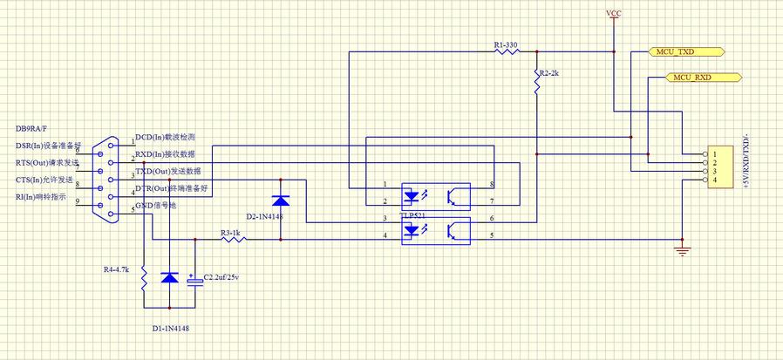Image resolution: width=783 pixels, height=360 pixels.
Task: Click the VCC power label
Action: coord(614,14)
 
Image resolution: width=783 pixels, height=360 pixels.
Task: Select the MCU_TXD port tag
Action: coord(686,52)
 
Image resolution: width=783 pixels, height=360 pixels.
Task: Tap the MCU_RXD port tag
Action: coord(692,78)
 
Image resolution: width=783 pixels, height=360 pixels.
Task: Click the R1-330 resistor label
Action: coord(506,44)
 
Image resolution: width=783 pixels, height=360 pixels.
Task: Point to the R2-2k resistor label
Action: coord(549,74)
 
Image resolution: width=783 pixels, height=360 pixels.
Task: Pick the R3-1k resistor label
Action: coord(230,233)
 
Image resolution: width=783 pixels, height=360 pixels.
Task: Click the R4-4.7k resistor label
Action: coord(116,270)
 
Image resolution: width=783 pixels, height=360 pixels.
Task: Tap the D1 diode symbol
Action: coord(169,278)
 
